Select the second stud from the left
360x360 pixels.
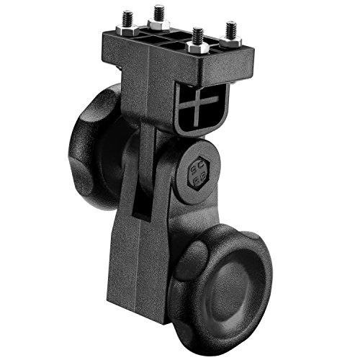[x=158, y=13]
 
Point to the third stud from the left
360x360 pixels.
[x=197, y=35]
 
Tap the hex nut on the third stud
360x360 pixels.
[x=197, y=48]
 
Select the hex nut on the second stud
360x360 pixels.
[x=158, y=24]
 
